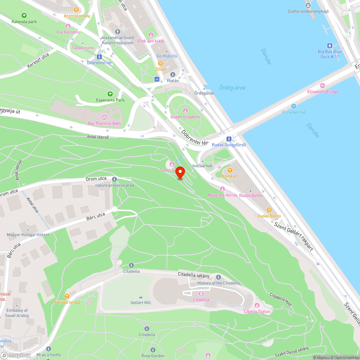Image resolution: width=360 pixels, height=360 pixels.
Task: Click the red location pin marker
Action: pos(180,173)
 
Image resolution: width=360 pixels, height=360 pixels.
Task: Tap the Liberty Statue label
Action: pos(257,311)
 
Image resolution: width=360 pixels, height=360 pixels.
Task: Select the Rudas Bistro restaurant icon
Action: pos(269,210)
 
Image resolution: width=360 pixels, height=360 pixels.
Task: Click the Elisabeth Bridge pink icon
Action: pos(322,86)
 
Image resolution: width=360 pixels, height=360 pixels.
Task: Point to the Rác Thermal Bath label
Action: pos(104,123)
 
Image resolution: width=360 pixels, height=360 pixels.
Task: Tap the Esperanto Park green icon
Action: pos(110,94)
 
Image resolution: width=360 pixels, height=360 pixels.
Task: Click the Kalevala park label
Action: pos(24,22)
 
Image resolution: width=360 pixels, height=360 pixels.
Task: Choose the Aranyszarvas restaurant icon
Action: pos(76,10)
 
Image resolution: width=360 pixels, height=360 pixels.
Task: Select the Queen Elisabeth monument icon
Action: pos(185,111)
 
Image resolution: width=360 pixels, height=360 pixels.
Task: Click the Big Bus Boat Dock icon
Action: pos(329,46)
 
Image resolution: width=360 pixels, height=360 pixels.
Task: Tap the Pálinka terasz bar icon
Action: pos(67,296)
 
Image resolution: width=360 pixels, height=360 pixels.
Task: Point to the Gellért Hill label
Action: pos(140,303)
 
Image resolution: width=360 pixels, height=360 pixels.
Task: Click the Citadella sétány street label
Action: pos(193,275)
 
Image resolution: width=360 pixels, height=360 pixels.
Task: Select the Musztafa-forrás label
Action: pos(222,195)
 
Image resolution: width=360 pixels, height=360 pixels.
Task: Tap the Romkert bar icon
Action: pos(230,170)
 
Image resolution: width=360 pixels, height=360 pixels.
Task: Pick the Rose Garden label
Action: pos(153,356)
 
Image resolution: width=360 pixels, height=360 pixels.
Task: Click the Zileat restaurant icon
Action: pos(161,63)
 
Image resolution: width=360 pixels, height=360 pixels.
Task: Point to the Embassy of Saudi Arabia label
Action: pos(17,313)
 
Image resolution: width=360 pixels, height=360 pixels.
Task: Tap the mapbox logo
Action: pos(16,355)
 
